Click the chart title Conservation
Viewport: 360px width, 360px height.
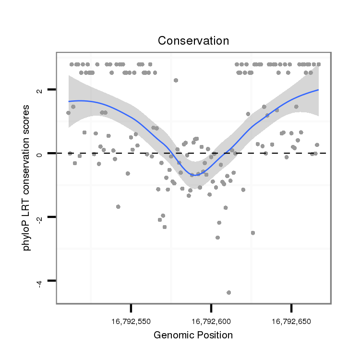coord(193,41)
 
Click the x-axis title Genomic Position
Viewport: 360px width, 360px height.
coord(193,335)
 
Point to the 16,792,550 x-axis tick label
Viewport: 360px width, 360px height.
coord(131,320)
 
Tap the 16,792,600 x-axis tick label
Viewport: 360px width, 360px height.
coord(211,320)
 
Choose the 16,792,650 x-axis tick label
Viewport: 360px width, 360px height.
coord(291,320)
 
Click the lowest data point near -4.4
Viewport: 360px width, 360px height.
coord(228,292)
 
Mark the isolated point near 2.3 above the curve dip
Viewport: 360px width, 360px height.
coord(176,80)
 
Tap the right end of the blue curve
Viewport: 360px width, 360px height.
coord(318,90)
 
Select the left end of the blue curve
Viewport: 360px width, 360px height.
coord(69,101)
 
